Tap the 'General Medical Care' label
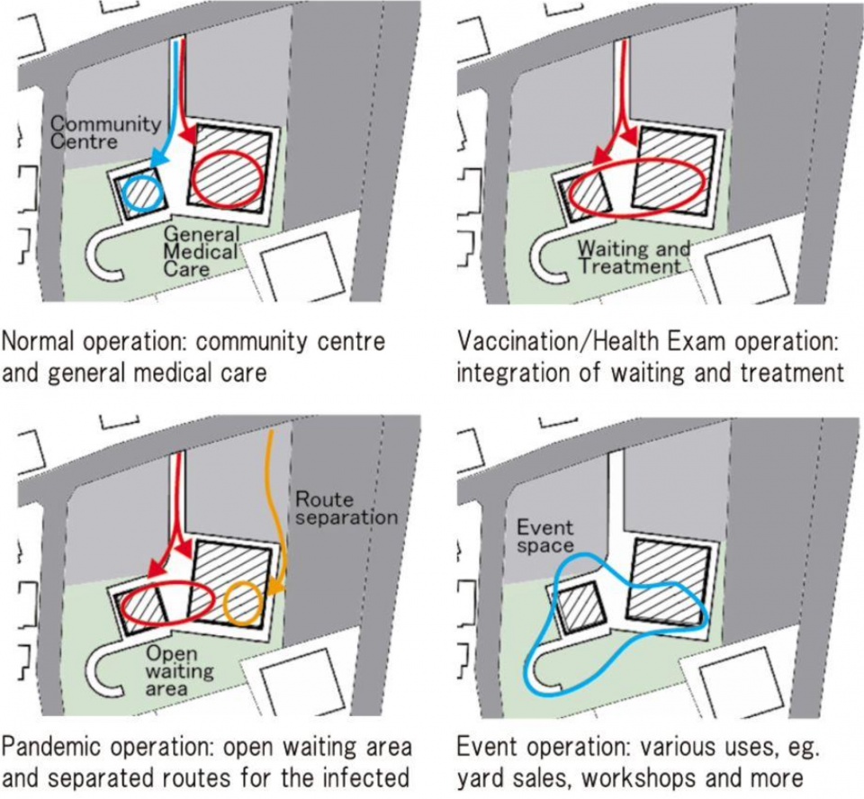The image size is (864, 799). [x=201, y=251]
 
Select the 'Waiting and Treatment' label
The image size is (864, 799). [x=634, y=257]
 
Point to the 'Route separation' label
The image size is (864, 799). [x=346, y=507]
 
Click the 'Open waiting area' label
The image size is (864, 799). [x=180, y=670]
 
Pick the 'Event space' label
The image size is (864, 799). [x=545, y=536]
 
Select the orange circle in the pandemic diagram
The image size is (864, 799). [x=242, y=604]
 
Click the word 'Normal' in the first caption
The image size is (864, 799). [x=38, y=342]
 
